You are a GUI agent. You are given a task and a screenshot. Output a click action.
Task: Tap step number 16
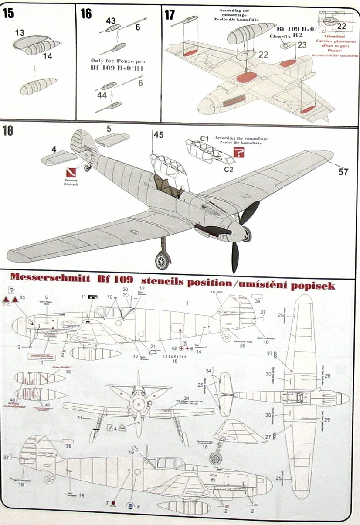[86, 14]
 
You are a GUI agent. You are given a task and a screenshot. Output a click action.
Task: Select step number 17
[170, 14]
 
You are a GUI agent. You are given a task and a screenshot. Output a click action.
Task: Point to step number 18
[8, 131]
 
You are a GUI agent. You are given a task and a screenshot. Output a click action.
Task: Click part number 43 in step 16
[111, 20]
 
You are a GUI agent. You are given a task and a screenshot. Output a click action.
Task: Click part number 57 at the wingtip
[343, 172]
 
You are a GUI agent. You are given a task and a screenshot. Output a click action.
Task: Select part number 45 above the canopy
[158, 135]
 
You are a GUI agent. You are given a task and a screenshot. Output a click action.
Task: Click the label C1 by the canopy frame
[205, 139]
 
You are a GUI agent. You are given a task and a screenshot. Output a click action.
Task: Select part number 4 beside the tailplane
[54, 149]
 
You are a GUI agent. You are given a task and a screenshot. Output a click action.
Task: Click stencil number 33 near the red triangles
[23, 297]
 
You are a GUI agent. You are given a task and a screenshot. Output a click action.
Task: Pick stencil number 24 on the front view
[186, 399]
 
